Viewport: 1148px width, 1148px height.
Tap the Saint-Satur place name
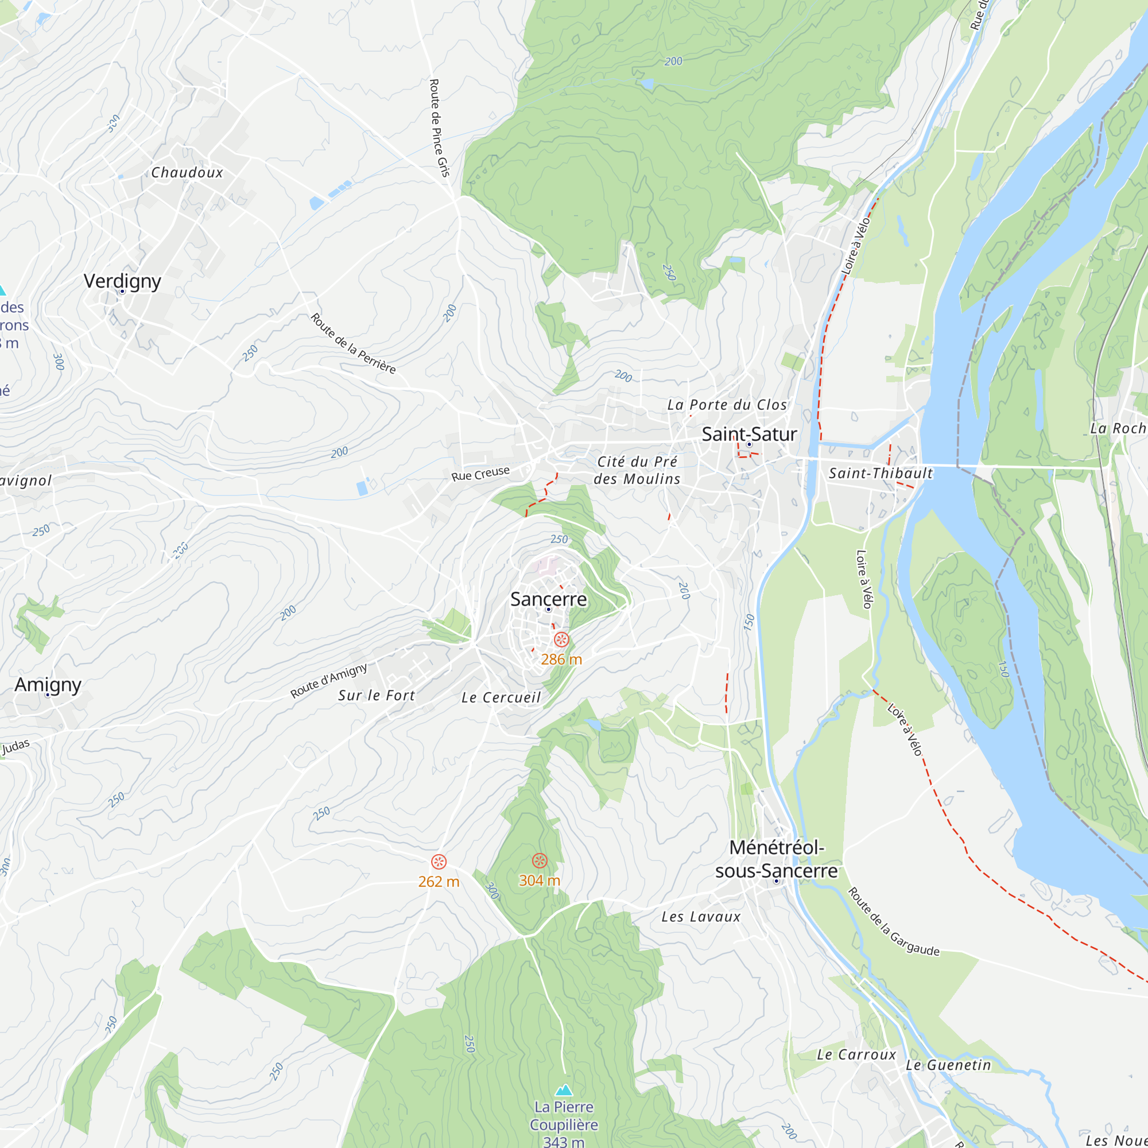point(748,434)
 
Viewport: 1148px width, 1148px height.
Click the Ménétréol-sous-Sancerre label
point(776,859)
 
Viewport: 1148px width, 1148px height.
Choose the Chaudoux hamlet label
point(187,172)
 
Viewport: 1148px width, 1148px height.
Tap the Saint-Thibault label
point(881,473)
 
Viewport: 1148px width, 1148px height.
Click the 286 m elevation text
point(561,659)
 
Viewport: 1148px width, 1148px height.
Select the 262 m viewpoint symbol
point(439,862)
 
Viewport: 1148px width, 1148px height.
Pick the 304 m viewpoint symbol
point(540,860)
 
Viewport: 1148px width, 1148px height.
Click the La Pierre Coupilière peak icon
point(563,1089)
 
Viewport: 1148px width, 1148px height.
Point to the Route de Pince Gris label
point(439,128)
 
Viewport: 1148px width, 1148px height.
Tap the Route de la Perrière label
point(353,343)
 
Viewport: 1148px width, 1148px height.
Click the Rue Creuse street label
point(480,474)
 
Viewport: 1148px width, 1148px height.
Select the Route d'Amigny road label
point(328,680)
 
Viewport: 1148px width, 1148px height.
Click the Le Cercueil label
point(501,697)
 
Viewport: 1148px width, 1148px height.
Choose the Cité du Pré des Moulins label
point(637,470)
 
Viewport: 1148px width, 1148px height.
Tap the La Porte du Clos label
point(727,405)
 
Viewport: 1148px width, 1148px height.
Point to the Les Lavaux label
point(701,917)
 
